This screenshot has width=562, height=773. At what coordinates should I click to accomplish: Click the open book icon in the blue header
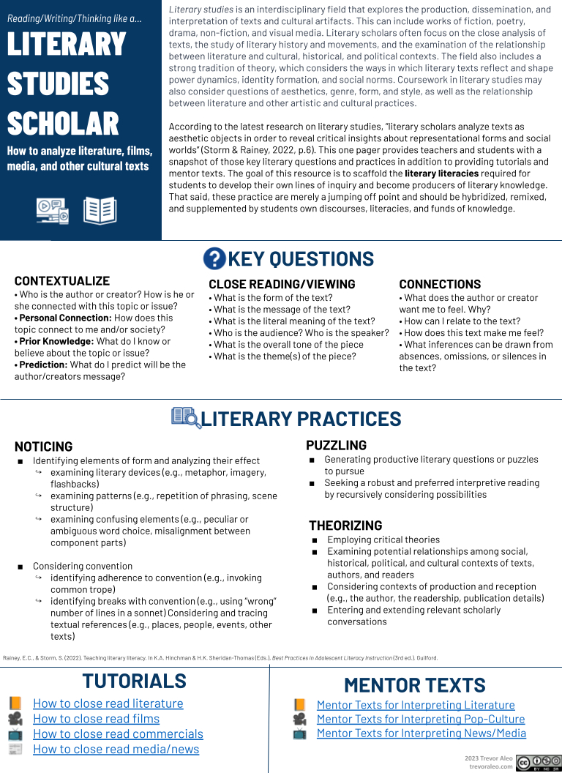[x=100, y=210]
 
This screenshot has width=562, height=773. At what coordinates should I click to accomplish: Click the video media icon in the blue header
[x=52, y=211]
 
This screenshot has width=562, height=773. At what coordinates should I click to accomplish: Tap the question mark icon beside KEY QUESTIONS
[x=214, y=258]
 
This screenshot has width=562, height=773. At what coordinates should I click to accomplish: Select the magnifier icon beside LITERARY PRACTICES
[x=185, y=417]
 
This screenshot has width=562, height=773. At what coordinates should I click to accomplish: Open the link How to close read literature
[x=108, y=703]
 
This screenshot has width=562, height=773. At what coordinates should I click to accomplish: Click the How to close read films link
[x=96, y=718]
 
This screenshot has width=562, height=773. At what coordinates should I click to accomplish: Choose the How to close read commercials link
[x=118, y=733]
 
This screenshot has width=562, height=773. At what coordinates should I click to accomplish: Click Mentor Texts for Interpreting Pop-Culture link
[x=420, y=719]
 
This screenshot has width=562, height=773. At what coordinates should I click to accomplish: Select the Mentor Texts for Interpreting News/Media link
[x=421, y=733]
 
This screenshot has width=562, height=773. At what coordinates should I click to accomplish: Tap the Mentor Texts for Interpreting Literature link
[x=416, y=705]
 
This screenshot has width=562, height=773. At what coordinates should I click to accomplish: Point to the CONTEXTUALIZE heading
[x=62, y=280]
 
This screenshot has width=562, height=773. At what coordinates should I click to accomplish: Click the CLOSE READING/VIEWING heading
[x=282, y=284]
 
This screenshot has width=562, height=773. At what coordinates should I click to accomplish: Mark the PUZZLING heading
[x=336, y=445]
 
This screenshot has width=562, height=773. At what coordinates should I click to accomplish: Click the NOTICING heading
[x=44, y=447]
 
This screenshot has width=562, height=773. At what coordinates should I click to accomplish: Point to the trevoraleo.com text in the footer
[x=490, y=766]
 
